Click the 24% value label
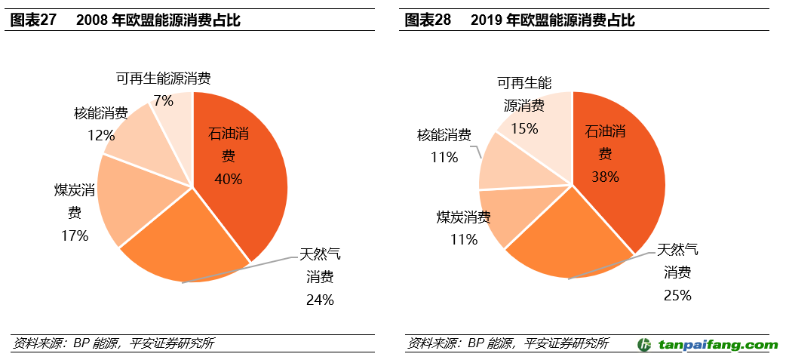[x=320, y=300]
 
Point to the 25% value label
[x=677, y=295]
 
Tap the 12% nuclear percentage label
[x=100, y=136]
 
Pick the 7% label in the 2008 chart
[x=163, y=100]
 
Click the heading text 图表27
[x=33, y=20]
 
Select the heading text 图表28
[x=428, y=20]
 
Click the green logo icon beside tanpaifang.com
[x=645, y=345]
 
